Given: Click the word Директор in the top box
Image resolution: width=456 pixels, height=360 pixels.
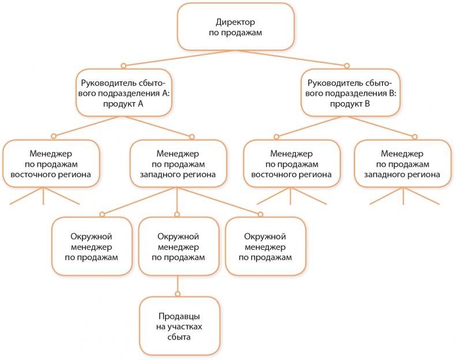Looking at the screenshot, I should tap(235, 22).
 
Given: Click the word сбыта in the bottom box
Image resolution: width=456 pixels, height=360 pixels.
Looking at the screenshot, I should tap(180, 337).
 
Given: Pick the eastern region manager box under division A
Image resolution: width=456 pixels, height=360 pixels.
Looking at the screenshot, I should tap(51, 164).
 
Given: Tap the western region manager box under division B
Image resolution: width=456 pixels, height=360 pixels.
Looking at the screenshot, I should tap(402, 164).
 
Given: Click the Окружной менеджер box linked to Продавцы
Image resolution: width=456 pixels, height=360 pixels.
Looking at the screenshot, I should tap(178, 246).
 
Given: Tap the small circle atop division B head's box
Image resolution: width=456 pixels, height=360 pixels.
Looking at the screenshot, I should tap(347, 65).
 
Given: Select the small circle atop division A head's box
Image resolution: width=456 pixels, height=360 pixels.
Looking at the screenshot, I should tap(123, 65).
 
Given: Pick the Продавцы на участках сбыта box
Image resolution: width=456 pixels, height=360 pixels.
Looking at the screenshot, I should tap(180, 326).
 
